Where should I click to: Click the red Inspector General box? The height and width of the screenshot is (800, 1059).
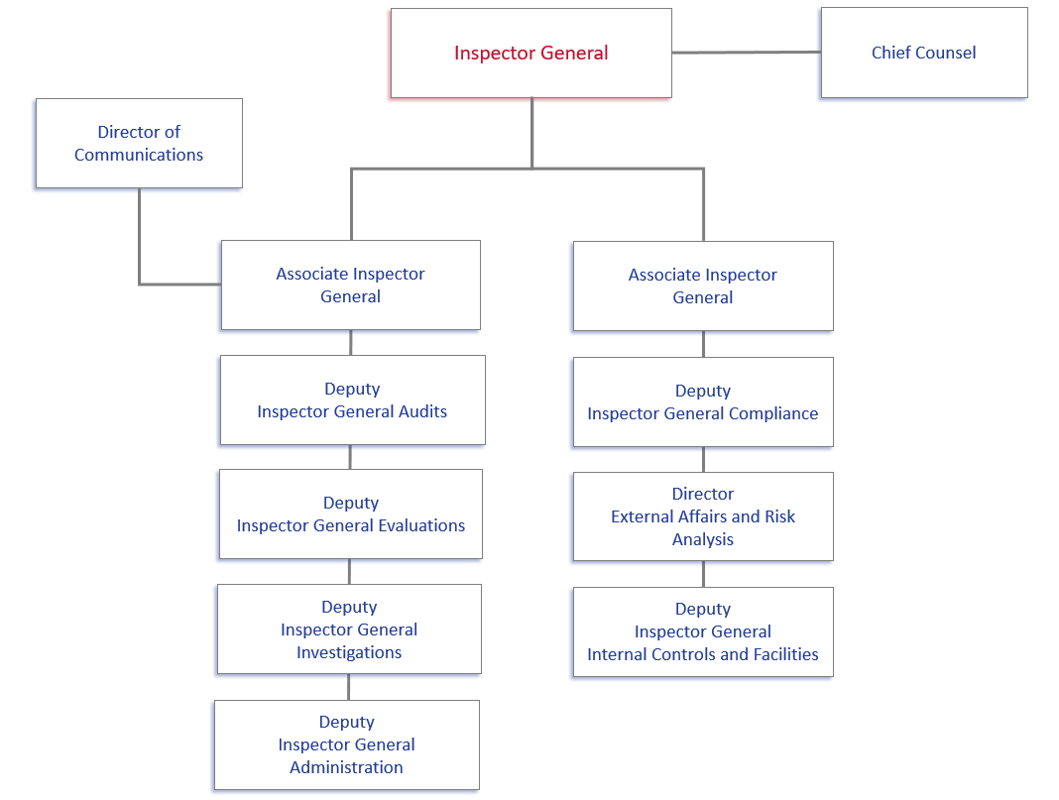click(530, 54)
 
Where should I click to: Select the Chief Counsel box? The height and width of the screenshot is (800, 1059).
click(923, 54)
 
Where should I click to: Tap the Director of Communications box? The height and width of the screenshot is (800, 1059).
click(139, 143)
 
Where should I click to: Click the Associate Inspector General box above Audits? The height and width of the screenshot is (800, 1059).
click(350, 285)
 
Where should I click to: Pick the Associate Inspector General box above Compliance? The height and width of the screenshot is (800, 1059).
click(702, 286)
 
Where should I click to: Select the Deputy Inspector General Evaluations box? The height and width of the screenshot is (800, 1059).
click(350, 514)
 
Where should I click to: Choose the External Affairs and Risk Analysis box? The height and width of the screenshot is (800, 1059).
click(702, 515)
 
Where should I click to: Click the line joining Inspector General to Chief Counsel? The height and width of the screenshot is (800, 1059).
click(746, 52)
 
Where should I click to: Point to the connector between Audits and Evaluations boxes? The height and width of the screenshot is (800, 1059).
click(350, 457)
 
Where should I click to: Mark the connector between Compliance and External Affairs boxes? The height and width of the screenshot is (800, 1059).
click(703, 459)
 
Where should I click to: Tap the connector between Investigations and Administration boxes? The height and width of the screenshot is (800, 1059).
click(348, 687)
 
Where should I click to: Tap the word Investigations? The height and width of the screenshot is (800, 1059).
click(349, 652)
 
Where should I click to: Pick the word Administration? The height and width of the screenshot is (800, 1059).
click(346, 767)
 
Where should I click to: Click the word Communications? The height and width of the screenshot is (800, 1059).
click(139, 155)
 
